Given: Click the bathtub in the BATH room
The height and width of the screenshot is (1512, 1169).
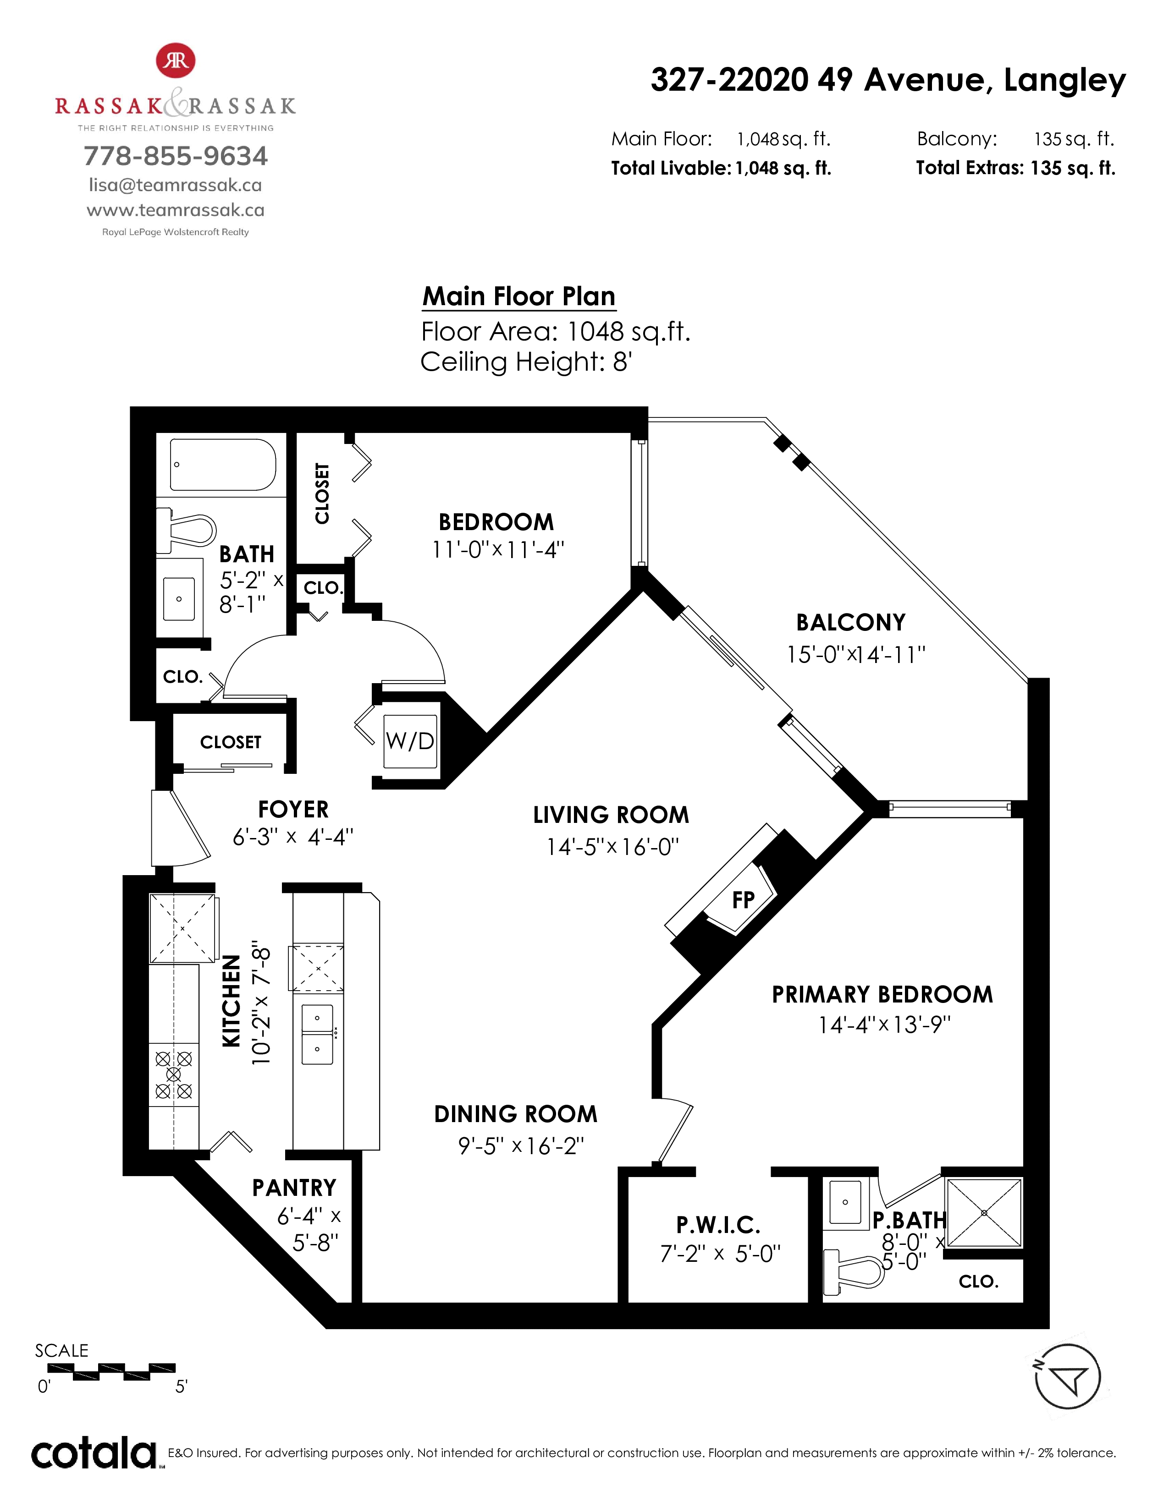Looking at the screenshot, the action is [x=223, y=465].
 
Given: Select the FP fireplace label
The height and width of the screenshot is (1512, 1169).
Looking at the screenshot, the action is [x=743, y=900].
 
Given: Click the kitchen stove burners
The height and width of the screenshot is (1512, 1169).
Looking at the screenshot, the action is [x=174, y=1075].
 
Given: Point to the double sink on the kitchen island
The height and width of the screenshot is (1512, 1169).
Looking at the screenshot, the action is [x=317, y=1034].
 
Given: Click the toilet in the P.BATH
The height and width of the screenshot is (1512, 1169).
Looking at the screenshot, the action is [x=854, y=1272].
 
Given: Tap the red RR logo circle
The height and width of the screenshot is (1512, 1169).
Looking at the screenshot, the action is [x=176, y=61].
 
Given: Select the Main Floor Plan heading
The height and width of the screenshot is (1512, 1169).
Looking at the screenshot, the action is [x=518, y=296].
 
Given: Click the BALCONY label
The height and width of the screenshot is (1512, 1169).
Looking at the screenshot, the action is [x=850, y=622].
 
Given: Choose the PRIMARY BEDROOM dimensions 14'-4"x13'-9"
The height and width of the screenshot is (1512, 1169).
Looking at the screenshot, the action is [x=884, y=1024].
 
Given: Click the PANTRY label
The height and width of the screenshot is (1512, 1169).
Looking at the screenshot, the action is [x=294, y=1188].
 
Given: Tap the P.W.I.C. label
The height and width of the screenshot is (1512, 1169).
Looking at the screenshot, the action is [x=718, y=1225].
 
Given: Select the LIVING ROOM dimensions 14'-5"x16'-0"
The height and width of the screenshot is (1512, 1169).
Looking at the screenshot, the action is [x=613, y=847].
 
